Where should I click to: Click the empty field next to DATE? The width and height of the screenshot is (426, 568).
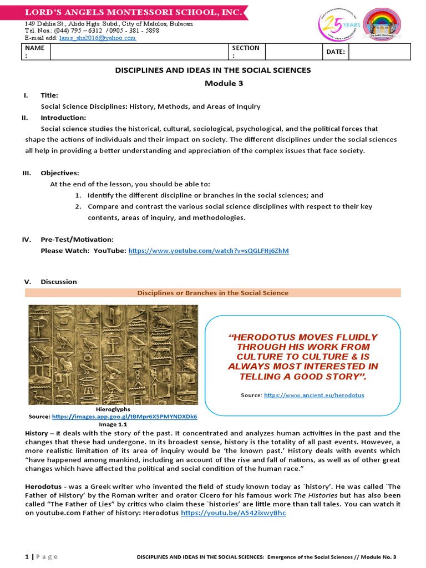tap(379, 52)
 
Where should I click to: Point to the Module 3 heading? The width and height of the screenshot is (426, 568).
tap(212, 83)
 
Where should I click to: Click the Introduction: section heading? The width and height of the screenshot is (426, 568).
tap(63, 118)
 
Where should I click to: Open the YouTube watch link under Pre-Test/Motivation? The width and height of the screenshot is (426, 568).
tap(209, 251)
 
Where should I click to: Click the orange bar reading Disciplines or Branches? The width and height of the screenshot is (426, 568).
tap(213, 293)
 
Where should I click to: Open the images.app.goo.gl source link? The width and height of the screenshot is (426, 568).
tap(124, 416)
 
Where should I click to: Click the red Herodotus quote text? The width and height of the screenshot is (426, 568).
tap(303, 357)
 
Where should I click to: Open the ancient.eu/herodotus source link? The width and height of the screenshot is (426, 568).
tap(314, 395)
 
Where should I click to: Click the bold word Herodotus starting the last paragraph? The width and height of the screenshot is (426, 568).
tap(42, 486)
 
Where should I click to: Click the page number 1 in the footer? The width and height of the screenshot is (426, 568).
tap(27, 556)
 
